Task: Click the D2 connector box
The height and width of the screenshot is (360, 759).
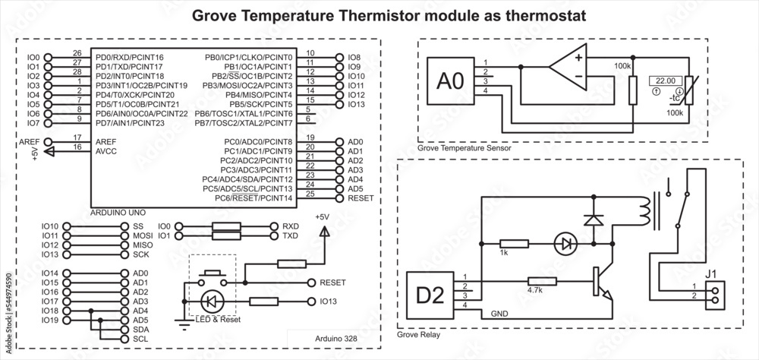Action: pos(430,292)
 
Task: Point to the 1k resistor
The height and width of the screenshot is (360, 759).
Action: pos(515,245)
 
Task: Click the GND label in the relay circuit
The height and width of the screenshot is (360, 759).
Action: pos(501,313)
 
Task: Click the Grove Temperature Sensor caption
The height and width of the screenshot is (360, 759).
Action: pos(463,149)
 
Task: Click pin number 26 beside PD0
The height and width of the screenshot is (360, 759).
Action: pos(77,52)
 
